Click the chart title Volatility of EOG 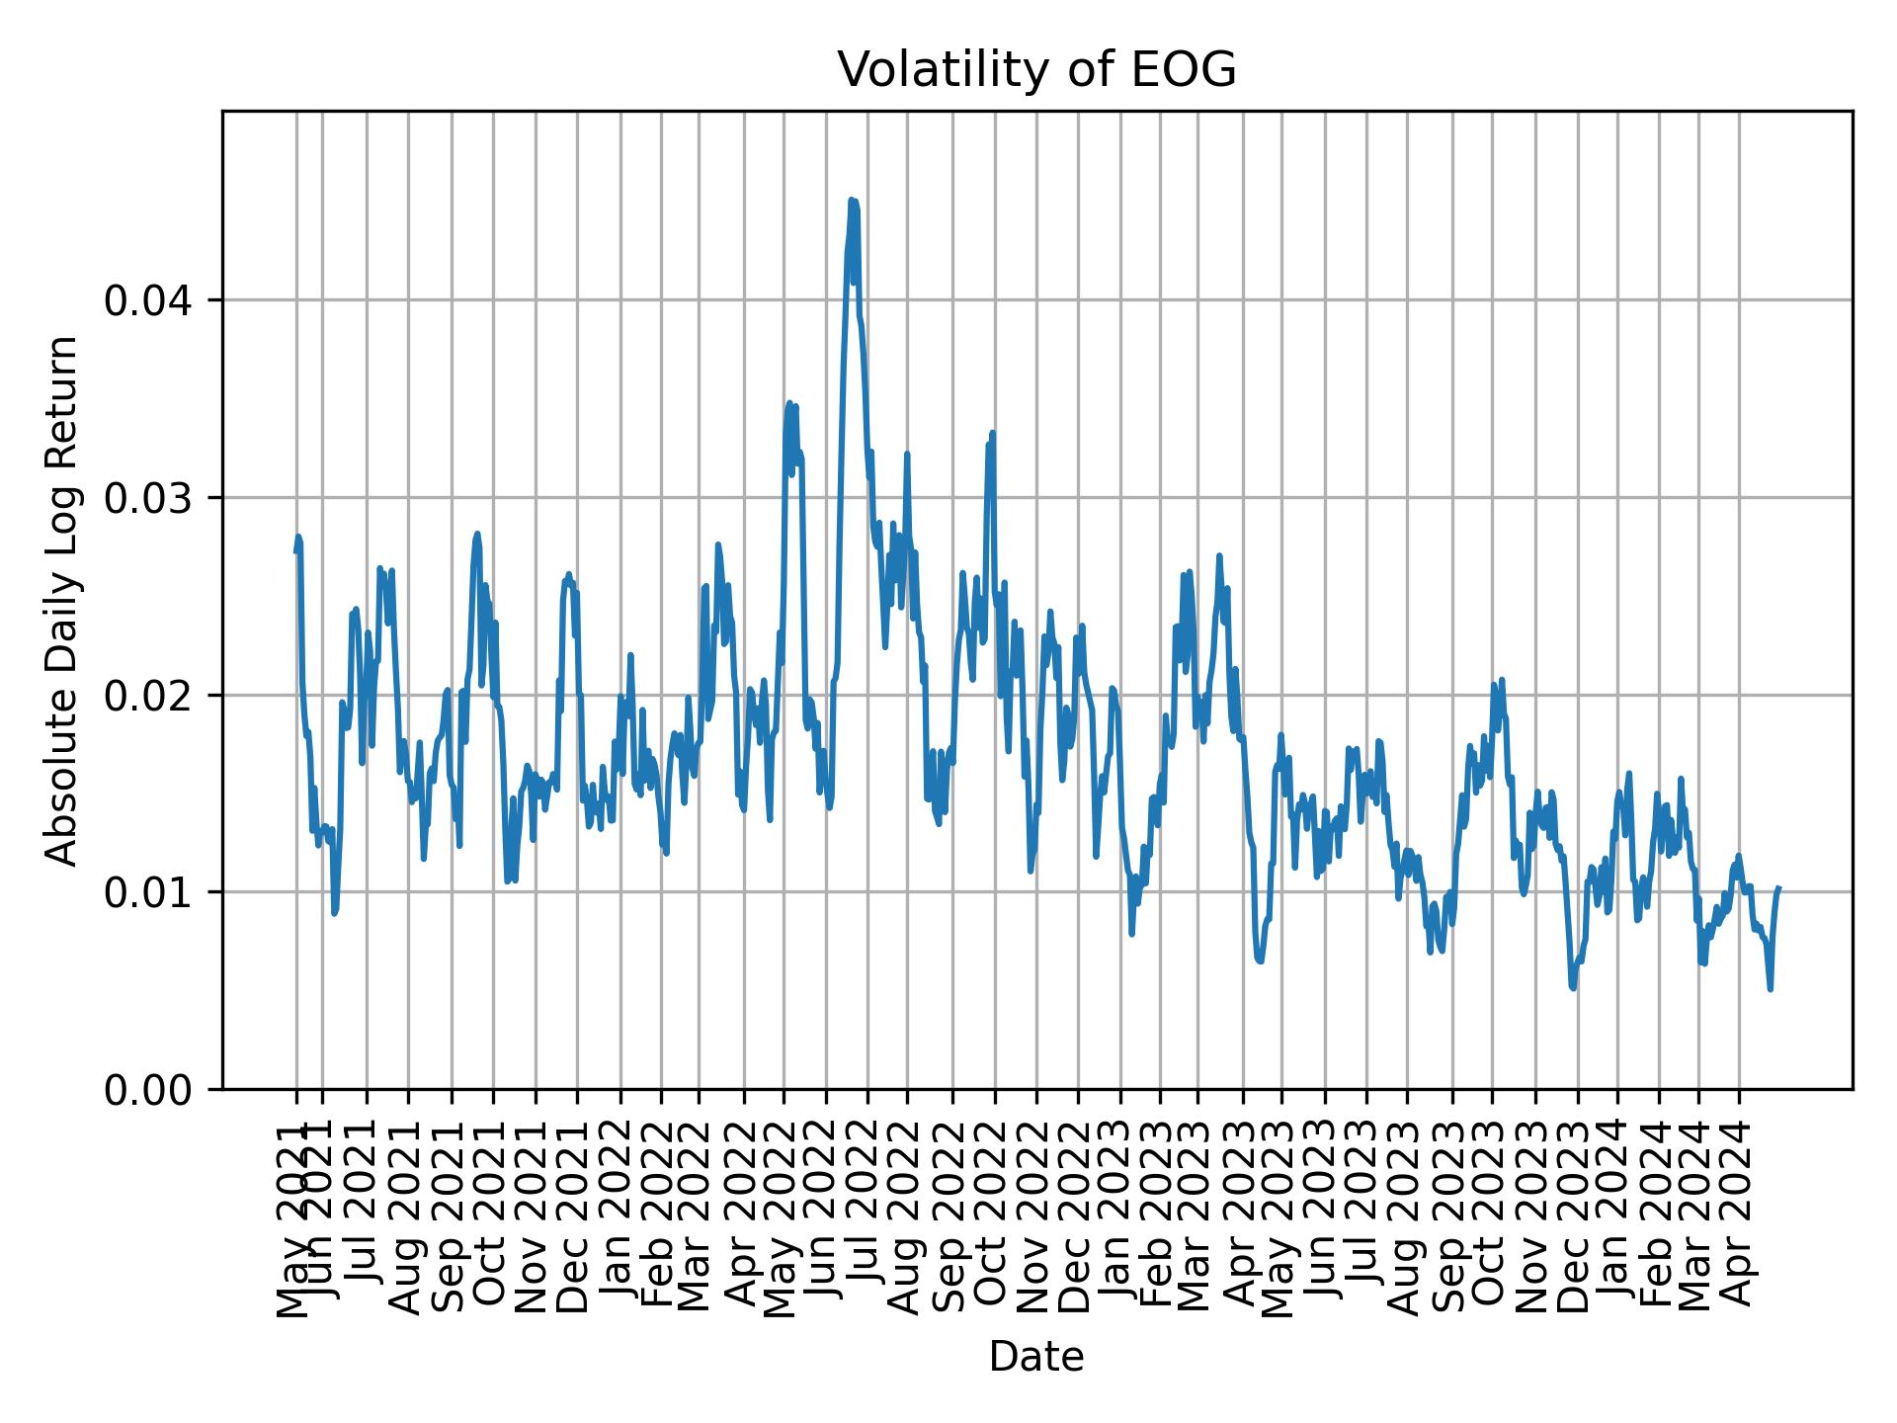pos(1036,70)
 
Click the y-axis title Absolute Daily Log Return pos(63,600)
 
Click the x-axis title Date pos(1036,1357)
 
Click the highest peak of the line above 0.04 pos(851,201)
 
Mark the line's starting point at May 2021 pos(296,550)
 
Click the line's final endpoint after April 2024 pos(1778,888)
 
